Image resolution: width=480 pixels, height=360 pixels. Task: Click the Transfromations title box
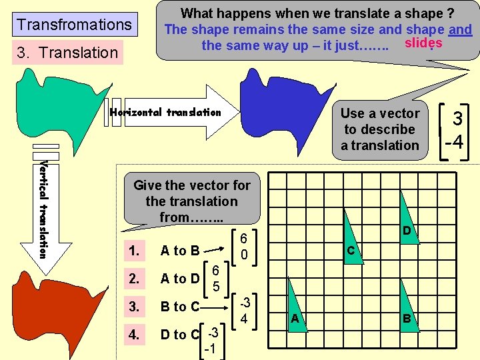pos(75,25)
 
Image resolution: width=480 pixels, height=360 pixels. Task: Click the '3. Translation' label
pos(67,52)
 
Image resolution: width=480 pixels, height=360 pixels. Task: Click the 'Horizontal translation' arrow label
pos(165,112)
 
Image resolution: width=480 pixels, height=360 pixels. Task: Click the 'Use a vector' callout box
pos(380,129)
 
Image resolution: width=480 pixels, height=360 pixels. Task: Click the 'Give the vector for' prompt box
pos(191,201)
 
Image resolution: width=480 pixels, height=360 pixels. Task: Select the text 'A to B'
pos(180,251)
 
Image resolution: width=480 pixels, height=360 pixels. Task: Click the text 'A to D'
pos(180,279)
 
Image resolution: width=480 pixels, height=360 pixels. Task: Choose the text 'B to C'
pos(180,307)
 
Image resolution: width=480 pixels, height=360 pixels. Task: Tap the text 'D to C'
pos(180,334)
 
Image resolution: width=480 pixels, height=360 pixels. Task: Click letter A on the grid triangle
pos(295,319)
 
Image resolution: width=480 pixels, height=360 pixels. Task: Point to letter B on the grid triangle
pos(406,319)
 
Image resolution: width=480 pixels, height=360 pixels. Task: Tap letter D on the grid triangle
pos(406,230)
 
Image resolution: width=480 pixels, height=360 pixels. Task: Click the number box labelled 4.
pos(136,334)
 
